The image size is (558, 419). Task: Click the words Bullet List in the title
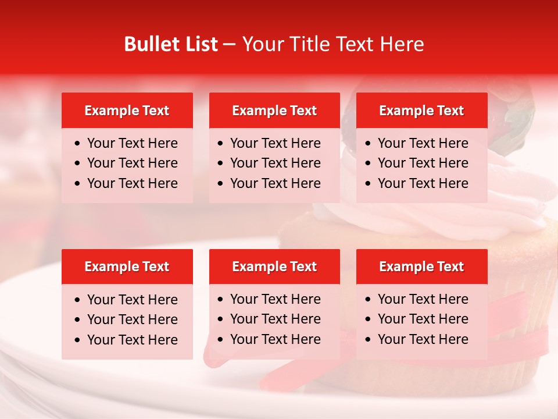coord(171,44)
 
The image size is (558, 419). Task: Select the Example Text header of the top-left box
coord(127,111)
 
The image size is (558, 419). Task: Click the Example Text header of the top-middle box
coord(274,111)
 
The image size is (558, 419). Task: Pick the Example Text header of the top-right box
coord(421,111)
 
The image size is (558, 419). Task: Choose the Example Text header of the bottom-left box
coord(127,267)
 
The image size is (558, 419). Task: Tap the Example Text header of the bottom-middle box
coord(274,267)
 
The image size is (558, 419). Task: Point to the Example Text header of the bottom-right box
coord(421,267)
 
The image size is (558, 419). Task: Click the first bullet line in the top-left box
coord(132,143)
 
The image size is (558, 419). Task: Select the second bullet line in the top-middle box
coord(275,163)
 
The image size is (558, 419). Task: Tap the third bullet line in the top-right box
coord(423,183)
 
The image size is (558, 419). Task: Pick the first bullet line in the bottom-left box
coord(132,300)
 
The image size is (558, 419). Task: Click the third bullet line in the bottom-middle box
coord(275,339)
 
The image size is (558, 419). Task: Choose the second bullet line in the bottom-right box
coord(423,319)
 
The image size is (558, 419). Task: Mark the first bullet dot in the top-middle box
coord(220,144)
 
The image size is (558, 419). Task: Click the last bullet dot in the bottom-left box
coord(78,340)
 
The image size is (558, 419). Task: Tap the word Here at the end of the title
coord(402,44)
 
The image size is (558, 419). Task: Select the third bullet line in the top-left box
coord(132,183)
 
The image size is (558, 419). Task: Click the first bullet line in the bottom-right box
coord(423,299)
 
